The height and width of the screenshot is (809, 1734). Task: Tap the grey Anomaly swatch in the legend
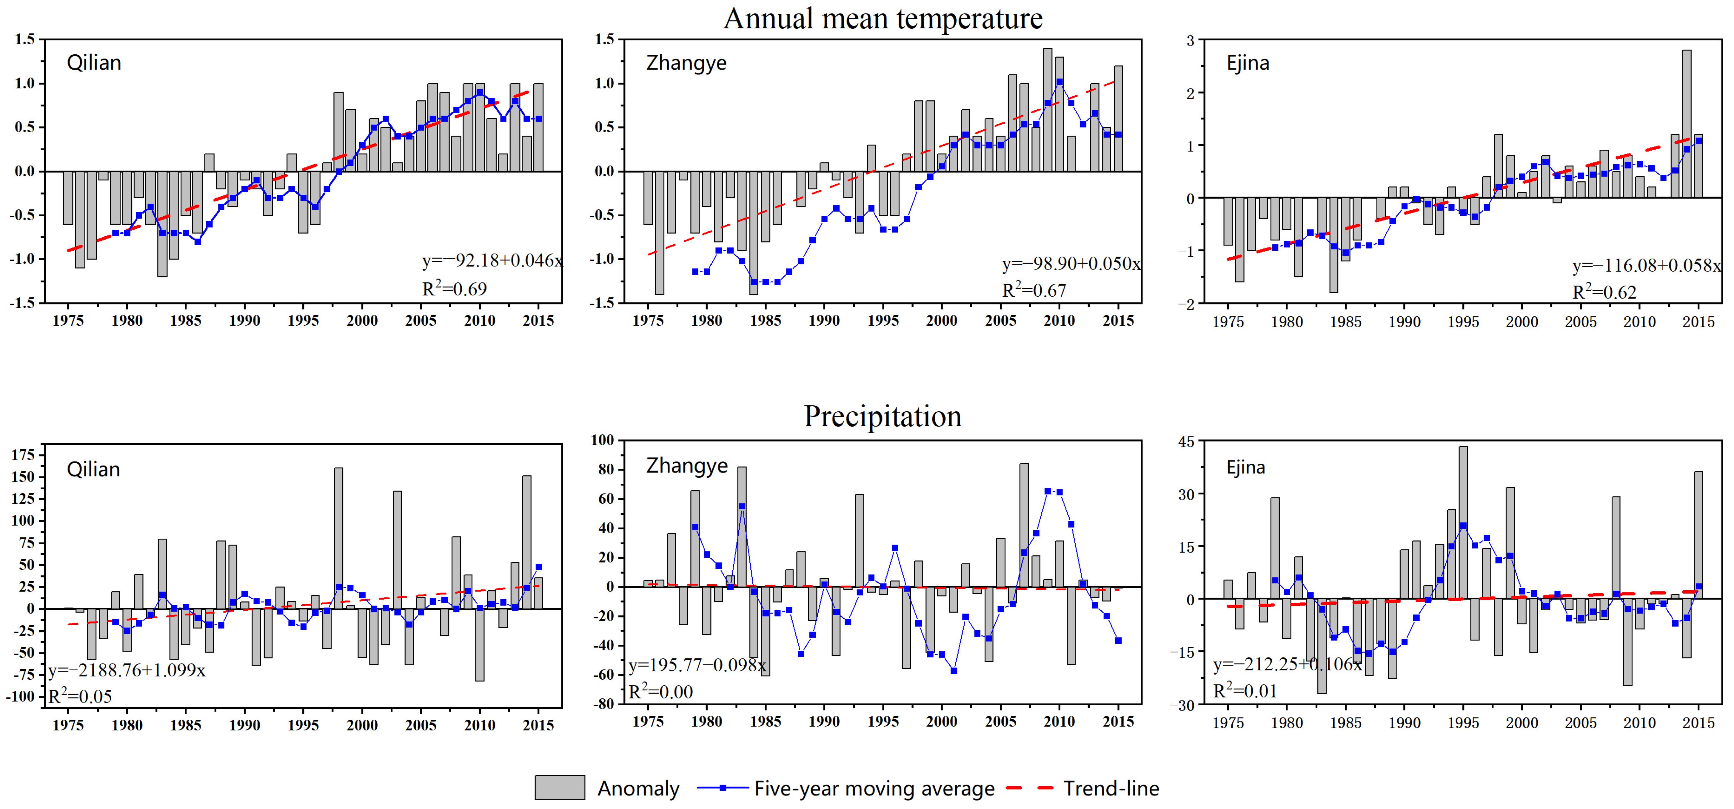pos(559,787)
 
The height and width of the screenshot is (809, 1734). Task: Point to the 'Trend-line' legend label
pos(1111,788)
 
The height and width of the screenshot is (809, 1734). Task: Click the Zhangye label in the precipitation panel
pos(687,466)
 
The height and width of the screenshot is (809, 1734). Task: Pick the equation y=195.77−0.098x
pos(697,666)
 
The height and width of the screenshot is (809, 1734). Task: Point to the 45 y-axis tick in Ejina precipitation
pos(1186,442)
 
